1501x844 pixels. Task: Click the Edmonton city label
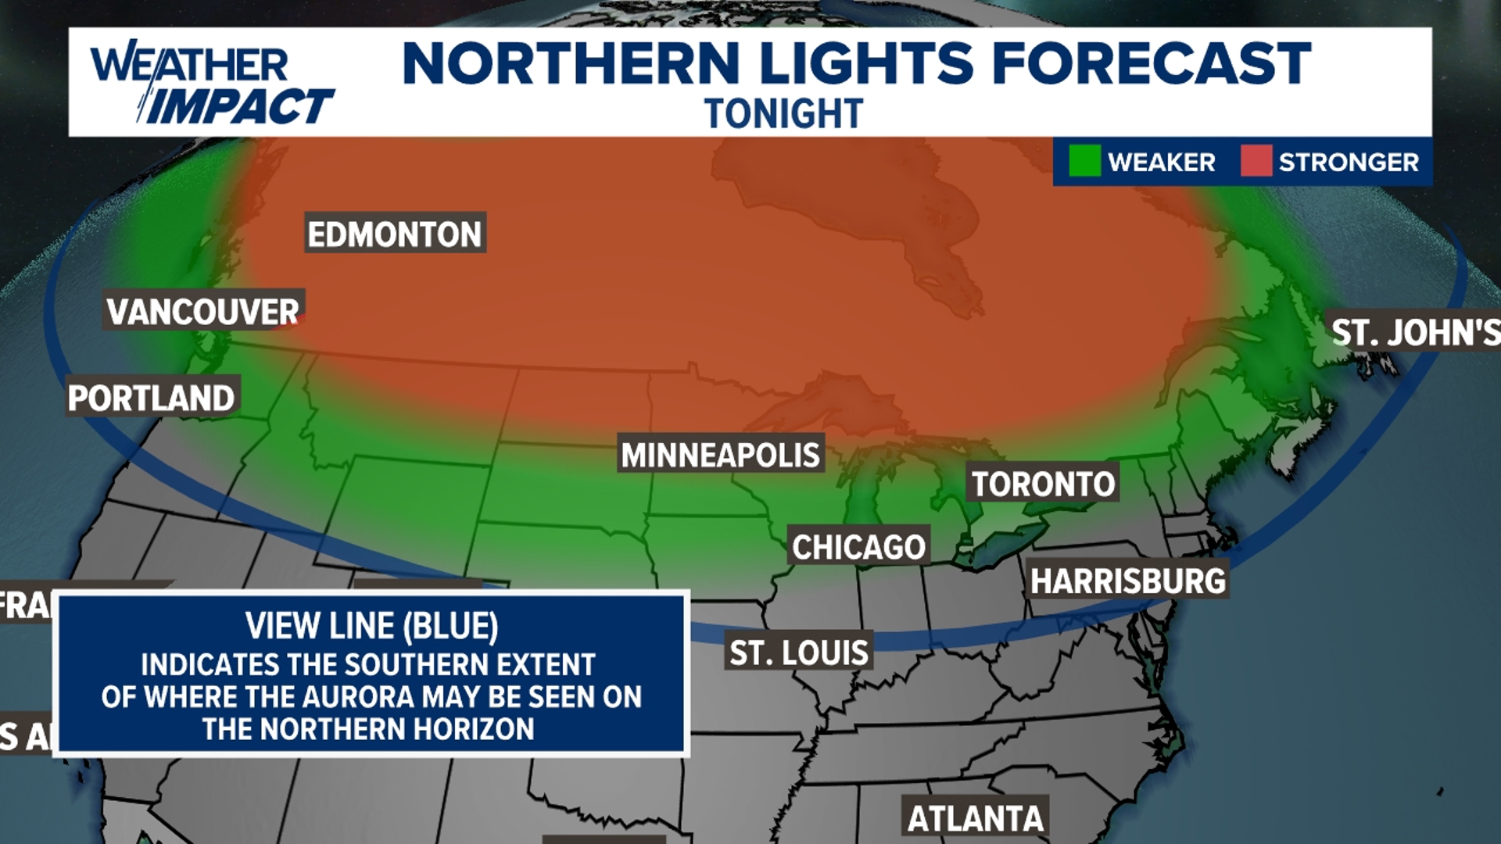(395, 234)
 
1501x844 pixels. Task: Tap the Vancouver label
(203, 311)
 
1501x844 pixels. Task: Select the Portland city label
(152, 397)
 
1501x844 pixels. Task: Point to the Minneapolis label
(720, 454)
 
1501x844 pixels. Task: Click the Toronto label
(1043, 484)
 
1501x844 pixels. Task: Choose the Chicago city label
(858, 546)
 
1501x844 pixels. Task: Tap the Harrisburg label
(1127, 581)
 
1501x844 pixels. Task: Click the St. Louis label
(799, 652)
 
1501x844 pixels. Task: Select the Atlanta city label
(975, 818)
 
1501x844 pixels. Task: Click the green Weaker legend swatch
(1084, 161)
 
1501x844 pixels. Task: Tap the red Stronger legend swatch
(1256, 161)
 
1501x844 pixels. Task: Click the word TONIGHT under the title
(783, 114)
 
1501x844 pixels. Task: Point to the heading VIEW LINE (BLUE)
(371, 625)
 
